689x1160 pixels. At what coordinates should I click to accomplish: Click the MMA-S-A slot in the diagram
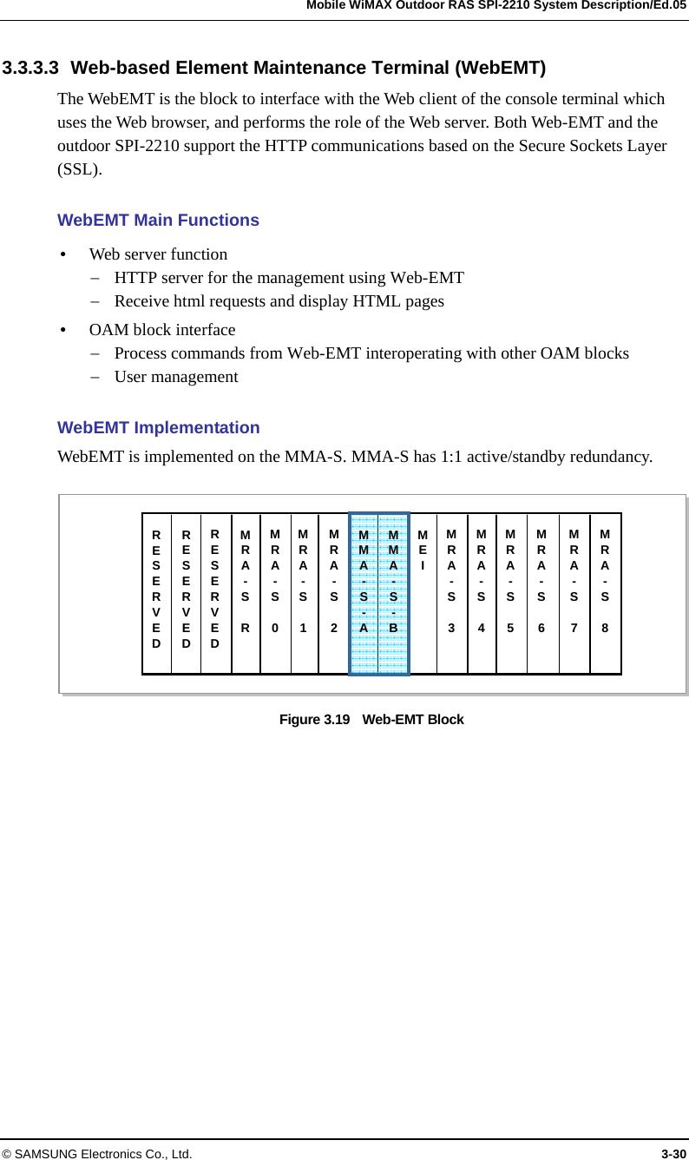click(364, 593)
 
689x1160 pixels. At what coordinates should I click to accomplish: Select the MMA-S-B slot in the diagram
click(394, 593)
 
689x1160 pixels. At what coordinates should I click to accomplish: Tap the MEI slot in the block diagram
click(423, 593)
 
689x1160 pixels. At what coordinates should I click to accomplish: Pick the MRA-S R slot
click(246, 593)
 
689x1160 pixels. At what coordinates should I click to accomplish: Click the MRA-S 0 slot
click(275, 593)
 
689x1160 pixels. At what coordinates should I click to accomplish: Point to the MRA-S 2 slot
click(333, 593)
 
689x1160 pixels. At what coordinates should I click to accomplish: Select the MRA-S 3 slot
click(451, 593)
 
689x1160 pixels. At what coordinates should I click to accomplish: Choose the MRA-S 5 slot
click(511, 593)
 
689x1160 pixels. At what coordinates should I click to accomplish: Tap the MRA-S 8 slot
click(605, 593)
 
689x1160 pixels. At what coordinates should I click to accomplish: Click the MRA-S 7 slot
click(574, 593)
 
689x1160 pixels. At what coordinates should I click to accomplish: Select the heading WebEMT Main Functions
click(158, 221)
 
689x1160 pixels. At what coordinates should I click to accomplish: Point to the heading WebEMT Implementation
click(158, 428)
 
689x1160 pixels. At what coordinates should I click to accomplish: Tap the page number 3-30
click(673, 1154)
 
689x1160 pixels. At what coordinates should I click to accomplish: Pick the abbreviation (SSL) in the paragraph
click(79, 169)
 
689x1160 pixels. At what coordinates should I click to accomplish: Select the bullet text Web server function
click(158, 254)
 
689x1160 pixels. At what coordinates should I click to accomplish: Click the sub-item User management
click(176, 377)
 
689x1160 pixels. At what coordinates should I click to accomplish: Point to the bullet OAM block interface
click(162, 330)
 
